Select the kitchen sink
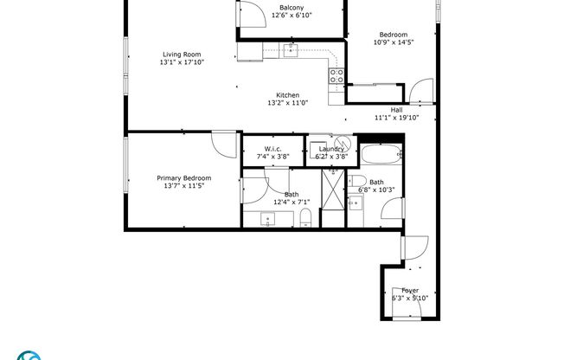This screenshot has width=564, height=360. pyautogui.click(x=291, y=50)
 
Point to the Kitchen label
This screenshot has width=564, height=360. pyautogui.click(x=287, y=95)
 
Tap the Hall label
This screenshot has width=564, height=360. pyautogui.click(x=396, y=110)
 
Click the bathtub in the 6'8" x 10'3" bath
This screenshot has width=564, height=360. pyautogui.click(x=380, y=157)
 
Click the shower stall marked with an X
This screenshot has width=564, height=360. pyautogui.click(x=333, y=198)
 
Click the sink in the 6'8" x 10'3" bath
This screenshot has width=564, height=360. pyautogui.click(x=356, y=204)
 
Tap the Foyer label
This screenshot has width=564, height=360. pyautogui.click(x=409, y=291)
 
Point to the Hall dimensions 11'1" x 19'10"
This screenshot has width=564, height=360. pyautogui.click(x=396, y=118)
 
